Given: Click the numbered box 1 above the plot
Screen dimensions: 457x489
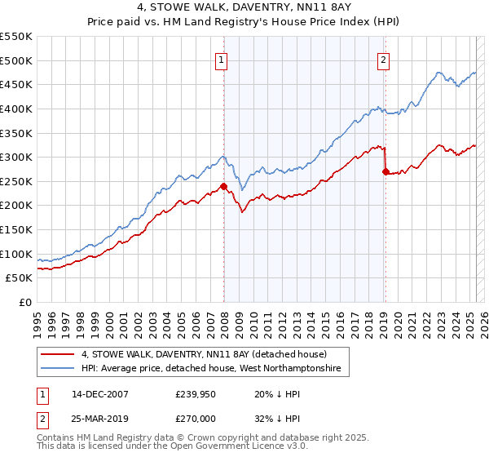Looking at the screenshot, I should pyautogui.click(x=222, y=59).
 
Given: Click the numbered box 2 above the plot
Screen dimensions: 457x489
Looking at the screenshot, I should pyautogui.click(x=383, y=59).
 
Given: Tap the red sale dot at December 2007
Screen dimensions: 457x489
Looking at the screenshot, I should pyautogui.click(x=223, y=186).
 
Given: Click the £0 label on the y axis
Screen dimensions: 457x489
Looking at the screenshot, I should pyautogui.click(x=24, y=303).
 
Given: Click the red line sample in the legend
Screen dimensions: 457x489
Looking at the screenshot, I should pyautogui.click(x=58, y=354).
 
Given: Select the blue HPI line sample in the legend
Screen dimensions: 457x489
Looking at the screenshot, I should pyautogui.click(x=58, y=370).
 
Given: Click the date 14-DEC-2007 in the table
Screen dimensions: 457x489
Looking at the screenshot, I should pyautogui.click(x=100, y=394).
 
